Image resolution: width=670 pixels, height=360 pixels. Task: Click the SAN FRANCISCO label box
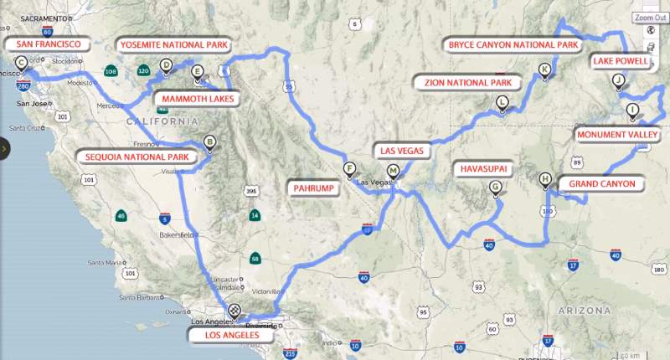coord(42,44)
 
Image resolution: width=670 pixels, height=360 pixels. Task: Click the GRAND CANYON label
coord(601,183)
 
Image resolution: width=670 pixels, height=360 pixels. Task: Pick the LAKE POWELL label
coord(623,61)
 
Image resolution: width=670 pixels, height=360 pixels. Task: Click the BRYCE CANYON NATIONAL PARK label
coord(513,44)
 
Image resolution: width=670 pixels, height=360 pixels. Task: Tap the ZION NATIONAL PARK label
coord(466,81)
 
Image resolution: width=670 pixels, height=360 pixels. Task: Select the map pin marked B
coord(210,144)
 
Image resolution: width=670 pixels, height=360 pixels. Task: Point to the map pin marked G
coord(496,188)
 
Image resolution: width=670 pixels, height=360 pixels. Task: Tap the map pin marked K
coord(545,70)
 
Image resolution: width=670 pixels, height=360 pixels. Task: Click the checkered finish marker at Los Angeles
coord(234,311)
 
